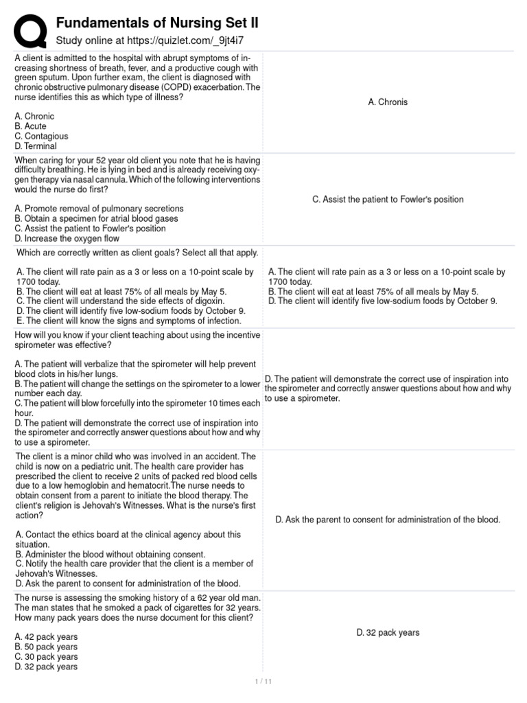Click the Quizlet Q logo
29,29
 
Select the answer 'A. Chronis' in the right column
388,102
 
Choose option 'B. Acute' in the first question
31,126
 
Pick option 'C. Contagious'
41,137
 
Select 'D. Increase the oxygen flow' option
67,239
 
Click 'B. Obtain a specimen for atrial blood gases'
96,218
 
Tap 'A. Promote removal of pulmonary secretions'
99,208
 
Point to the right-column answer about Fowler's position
388,199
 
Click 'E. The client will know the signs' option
130,321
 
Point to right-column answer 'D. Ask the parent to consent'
388,520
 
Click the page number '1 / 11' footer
263,682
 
